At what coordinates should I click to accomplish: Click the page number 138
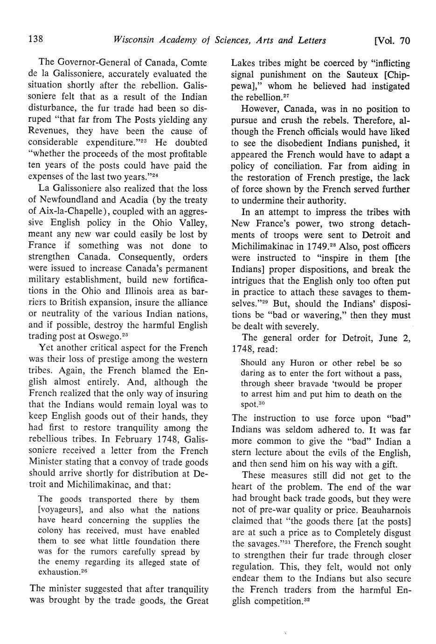(x=36, y=40)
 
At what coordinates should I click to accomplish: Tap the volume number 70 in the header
(x=404, y=41)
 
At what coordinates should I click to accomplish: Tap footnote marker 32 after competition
(x=307, y=600)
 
